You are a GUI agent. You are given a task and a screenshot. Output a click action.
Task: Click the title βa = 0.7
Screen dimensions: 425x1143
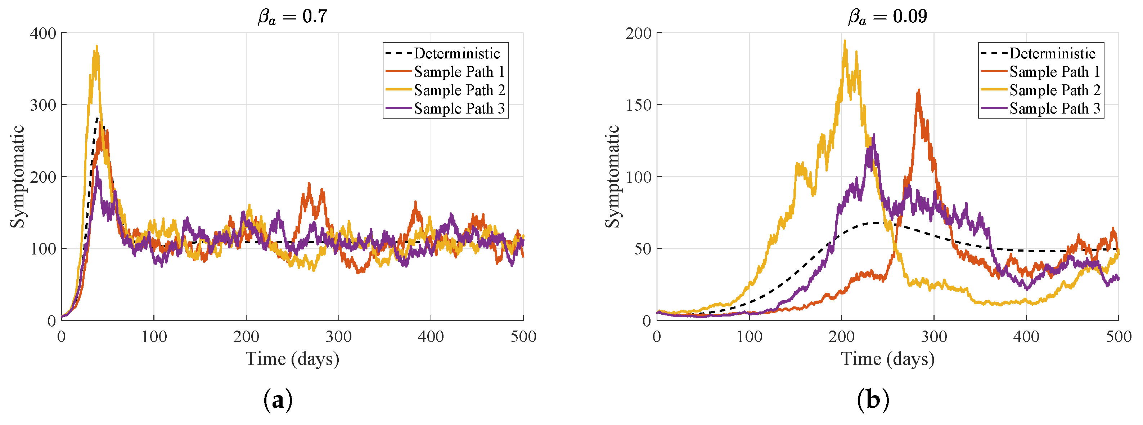[x=292, y=17]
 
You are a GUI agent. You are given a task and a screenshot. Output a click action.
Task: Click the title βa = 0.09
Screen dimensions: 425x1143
[x=887, y=17]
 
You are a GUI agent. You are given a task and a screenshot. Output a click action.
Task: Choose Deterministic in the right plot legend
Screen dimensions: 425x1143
[x=1052, y=54]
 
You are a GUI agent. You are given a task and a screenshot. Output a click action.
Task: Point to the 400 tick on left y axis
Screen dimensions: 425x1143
[x=43, y=33]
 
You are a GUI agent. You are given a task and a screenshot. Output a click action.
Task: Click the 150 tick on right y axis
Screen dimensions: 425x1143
[x=638, y=105]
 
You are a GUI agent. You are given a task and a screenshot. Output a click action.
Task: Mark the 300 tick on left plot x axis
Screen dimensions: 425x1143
[x=338, y=337]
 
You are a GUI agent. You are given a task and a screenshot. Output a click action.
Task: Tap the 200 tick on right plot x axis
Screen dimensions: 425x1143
[x=841, y=337]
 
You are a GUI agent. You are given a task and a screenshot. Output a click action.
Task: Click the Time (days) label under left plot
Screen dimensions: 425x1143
[x=292, y=359]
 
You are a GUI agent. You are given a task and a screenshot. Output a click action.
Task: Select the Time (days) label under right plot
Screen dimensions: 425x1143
[x=887, y=359]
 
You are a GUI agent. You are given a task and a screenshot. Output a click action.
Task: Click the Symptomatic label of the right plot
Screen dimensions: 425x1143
[x=613, y=176]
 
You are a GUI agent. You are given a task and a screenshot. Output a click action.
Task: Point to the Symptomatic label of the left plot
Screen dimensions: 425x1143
[x=17, y=176]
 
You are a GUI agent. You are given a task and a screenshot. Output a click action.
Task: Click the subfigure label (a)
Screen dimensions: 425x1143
[x=278, y=400]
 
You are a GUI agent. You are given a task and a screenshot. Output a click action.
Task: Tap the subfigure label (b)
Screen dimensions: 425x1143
[x=873, y=400]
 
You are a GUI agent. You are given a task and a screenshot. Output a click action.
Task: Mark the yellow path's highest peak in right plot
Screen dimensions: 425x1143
[x=845, y=40]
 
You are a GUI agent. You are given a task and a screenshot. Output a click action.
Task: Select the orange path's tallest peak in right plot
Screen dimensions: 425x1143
[x=918, y=90]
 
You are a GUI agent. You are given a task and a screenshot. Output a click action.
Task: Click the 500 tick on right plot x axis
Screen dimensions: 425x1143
[x=1118, y=337]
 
